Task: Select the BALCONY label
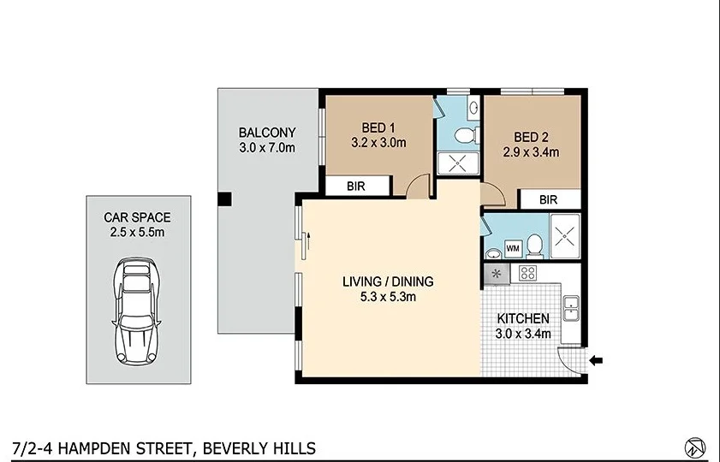[267, 133]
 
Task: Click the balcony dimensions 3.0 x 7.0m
[267, 147]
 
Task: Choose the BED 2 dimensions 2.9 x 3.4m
[532, 152]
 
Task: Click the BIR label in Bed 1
[358, 186]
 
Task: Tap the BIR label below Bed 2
[550, 199]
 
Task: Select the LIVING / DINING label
[388, 281]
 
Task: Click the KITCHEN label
[523, 318]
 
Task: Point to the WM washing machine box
[514, 248]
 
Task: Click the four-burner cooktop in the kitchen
[528, 274]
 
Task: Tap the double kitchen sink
[571, 304]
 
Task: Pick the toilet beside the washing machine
[534, 246]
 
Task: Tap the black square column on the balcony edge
[224, 200]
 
